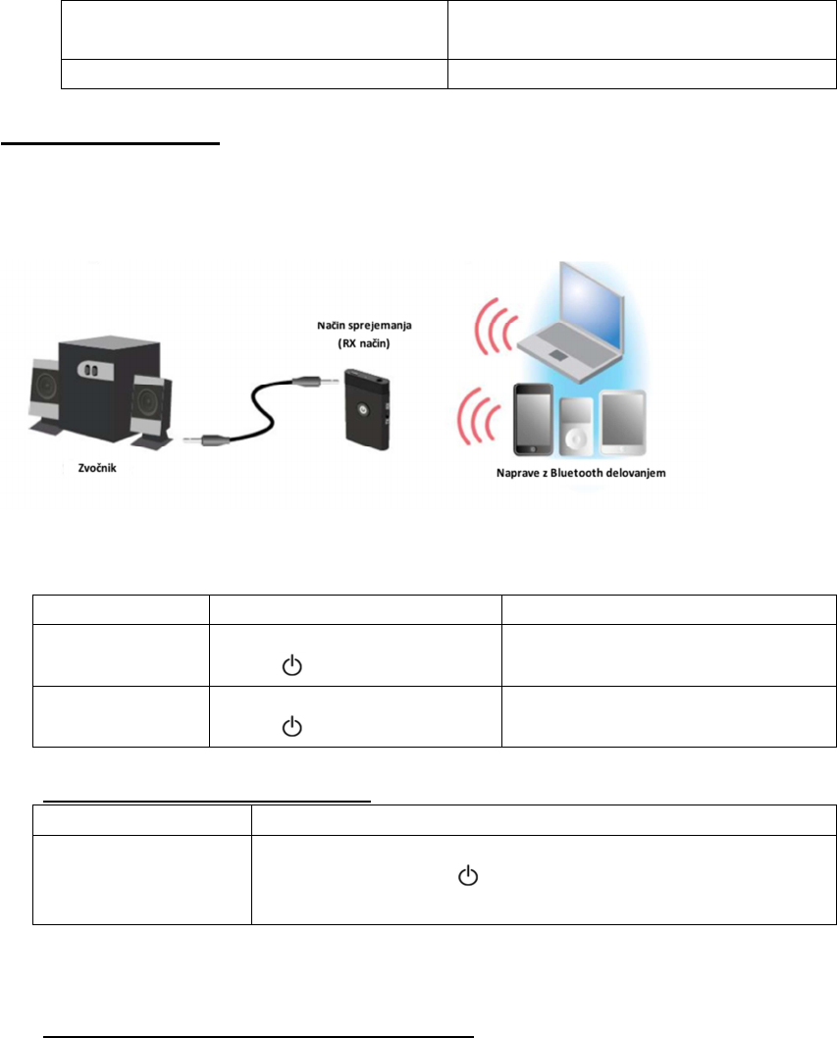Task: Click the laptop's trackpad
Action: (x=559, y=355)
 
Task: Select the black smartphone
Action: (x=533, y=420)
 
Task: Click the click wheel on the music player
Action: (x=575, y=439)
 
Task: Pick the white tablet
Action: (x=622, y=423)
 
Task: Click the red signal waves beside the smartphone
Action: (x=478, y=418)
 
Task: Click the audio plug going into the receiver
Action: (x=317, y=382)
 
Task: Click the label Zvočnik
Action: (x=97, y=468)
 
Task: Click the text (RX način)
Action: (x=363, y=343)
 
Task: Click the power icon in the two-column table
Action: (x=468, y=876)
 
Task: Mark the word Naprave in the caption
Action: (x=518, y=473)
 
